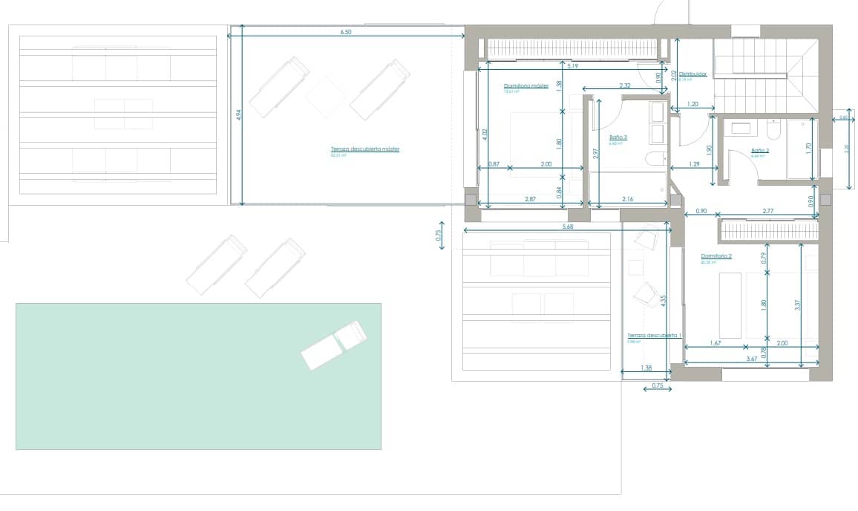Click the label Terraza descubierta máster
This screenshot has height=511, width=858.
[365, 149]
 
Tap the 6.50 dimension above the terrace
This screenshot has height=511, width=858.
[345, 33]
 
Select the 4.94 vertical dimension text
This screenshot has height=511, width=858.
[238, 116]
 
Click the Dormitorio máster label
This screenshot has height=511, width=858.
[525, 86]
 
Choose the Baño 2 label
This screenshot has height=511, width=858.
[760, 151]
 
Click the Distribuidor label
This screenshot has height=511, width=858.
[692, 75]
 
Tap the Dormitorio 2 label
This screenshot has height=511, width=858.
[716, 256]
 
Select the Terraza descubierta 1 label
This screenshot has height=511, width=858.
[654, 336]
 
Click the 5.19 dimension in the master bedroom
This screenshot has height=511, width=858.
[572, 67]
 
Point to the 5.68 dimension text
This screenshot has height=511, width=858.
[568, 227]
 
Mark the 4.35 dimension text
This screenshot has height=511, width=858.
[663, 301]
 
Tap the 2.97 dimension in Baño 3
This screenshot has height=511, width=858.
[596, 153]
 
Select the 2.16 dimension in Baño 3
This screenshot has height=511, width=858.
[627, 200]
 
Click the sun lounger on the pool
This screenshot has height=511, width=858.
[335, 345]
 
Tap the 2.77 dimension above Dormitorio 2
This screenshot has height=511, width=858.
[767, 212]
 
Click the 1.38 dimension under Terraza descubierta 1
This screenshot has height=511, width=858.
[646, 368]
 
